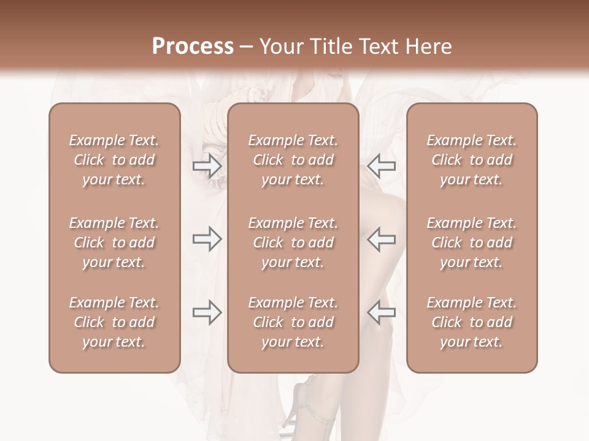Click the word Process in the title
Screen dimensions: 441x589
pos(193,47)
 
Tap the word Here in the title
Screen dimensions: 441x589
pos(428,47)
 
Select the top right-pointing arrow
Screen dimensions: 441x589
pos(207,165)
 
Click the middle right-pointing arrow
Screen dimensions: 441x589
pos(207,239)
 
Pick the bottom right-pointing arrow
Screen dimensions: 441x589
pos(207,312)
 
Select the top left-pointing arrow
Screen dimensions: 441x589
pos(382,165)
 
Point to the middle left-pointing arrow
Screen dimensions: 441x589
pos(382,239)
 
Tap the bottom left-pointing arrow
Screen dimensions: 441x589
pos(382,312)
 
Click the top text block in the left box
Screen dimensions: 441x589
pos(114,160)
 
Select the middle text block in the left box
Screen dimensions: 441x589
pos(114,243)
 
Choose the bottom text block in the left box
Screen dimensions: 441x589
pos(114,322)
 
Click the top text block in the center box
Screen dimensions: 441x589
pos(293,160)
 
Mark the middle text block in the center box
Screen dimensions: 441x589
pos(293,243)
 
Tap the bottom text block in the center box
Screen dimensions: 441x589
pos(293,322)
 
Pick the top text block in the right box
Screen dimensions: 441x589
pos(472,160)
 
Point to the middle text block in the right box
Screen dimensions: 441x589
pos(472,243)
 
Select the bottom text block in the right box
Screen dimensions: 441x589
pos(472,322)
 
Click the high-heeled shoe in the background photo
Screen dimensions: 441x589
pos(301,404)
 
